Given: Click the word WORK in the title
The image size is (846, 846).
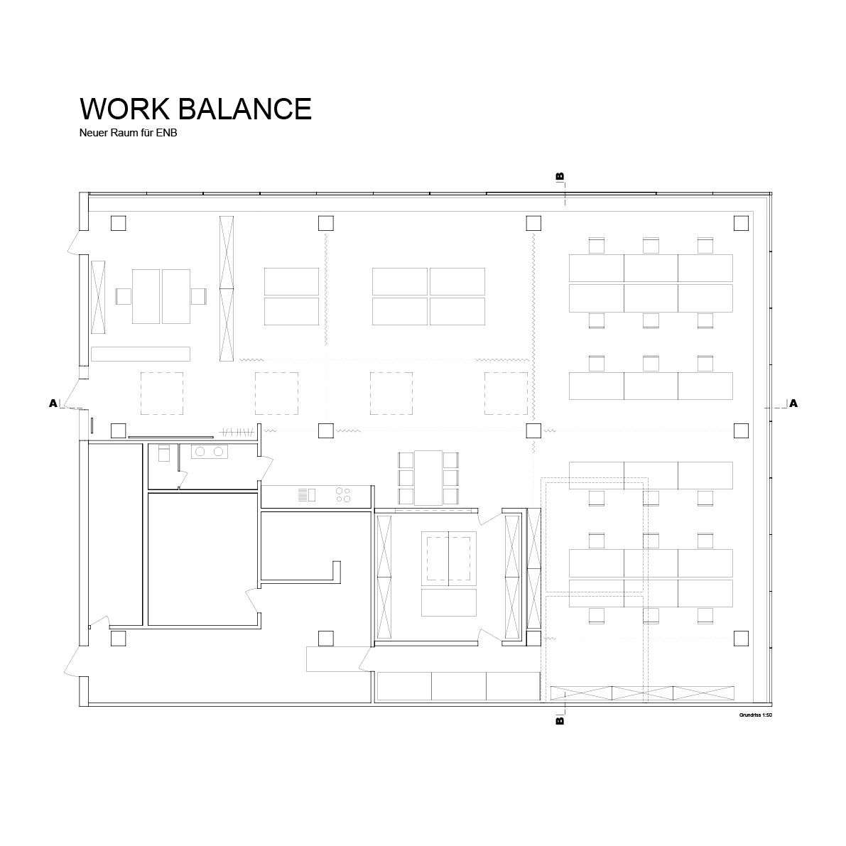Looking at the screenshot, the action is (x=124, y=109).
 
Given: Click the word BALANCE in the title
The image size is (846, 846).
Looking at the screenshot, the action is (x=245, y=109).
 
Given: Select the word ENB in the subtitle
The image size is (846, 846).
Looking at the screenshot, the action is (x=166, y=133).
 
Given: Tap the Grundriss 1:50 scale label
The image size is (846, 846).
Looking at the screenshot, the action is (x=755, y=715).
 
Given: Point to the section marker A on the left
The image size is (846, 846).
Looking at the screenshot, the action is (x=53, y=403).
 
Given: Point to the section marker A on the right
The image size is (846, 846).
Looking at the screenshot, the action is (x=793, y=403).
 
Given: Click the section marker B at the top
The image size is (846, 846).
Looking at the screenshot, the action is (x=560, y=176).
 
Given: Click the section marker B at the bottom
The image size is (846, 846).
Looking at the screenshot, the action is (x=560, y=720).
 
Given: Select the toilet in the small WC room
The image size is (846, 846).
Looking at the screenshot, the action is (x=164, y=452).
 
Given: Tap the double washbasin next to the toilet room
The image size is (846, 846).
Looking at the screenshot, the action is (x=210, y=452).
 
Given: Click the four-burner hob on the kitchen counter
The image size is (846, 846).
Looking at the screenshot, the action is (x=342, y=495).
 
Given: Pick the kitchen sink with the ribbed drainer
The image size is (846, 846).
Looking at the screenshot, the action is (x=306, y=495).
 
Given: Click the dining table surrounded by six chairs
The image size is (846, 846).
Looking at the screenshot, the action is (x=428, y=478).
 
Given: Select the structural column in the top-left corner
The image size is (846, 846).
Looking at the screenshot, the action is (x=118, y=223).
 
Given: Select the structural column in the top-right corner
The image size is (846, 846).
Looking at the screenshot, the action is (x=742, y=223).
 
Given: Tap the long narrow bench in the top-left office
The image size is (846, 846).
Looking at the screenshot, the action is (x=140, y=354).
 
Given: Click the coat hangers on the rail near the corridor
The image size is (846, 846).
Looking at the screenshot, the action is (x=237, y=432).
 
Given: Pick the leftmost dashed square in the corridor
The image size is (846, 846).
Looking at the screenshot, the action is (x=162, y=394).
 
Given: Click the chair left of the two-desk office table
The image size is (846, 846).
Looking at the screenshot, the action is (x=124, y=296).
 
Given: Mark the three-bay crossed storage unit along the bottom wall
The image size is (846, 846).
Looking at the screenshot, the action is (x=642, y=693).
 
